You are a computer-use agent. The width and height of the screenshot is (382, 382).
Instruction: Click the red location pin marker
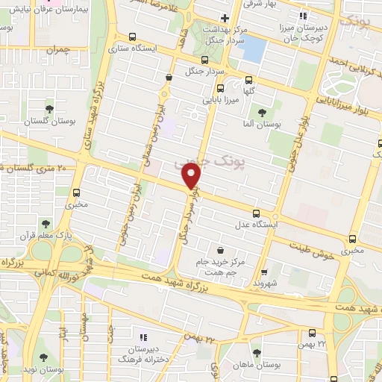[x=192, y=176]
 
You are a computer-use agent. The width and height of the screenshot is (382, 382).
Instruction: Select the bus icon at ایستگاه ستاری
[x=133, y=37]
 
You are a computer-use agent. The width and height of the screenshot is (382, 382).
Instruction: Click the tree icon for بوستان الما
[x=261, y=112]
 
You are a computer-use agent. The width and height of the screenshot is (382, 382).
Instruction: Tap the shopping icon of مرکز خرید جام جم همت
[x=220, y=251]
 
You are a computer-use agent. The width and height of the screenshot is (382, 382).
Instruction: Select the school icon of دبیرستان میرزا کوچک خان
[x=302, y=16]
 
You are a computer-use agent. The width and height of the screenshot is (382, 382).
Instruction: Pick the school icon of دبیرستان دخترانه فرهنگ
[x=143, y=337]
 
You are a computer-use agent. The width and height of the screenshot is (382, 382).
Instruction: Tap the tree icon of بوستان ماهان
[x=257, y=352]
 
